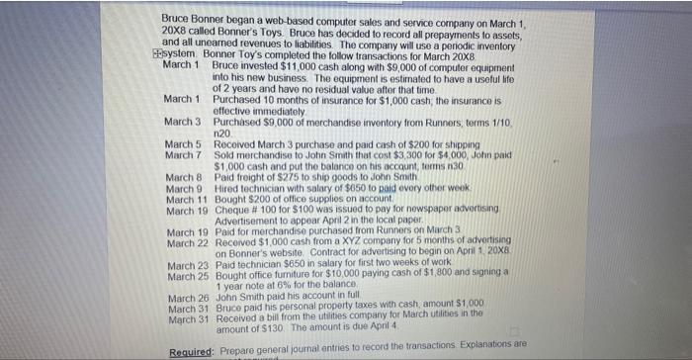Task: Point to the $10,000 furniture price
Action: (x=349, y=276)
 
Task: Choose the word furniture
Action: (x=294, y=276)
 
